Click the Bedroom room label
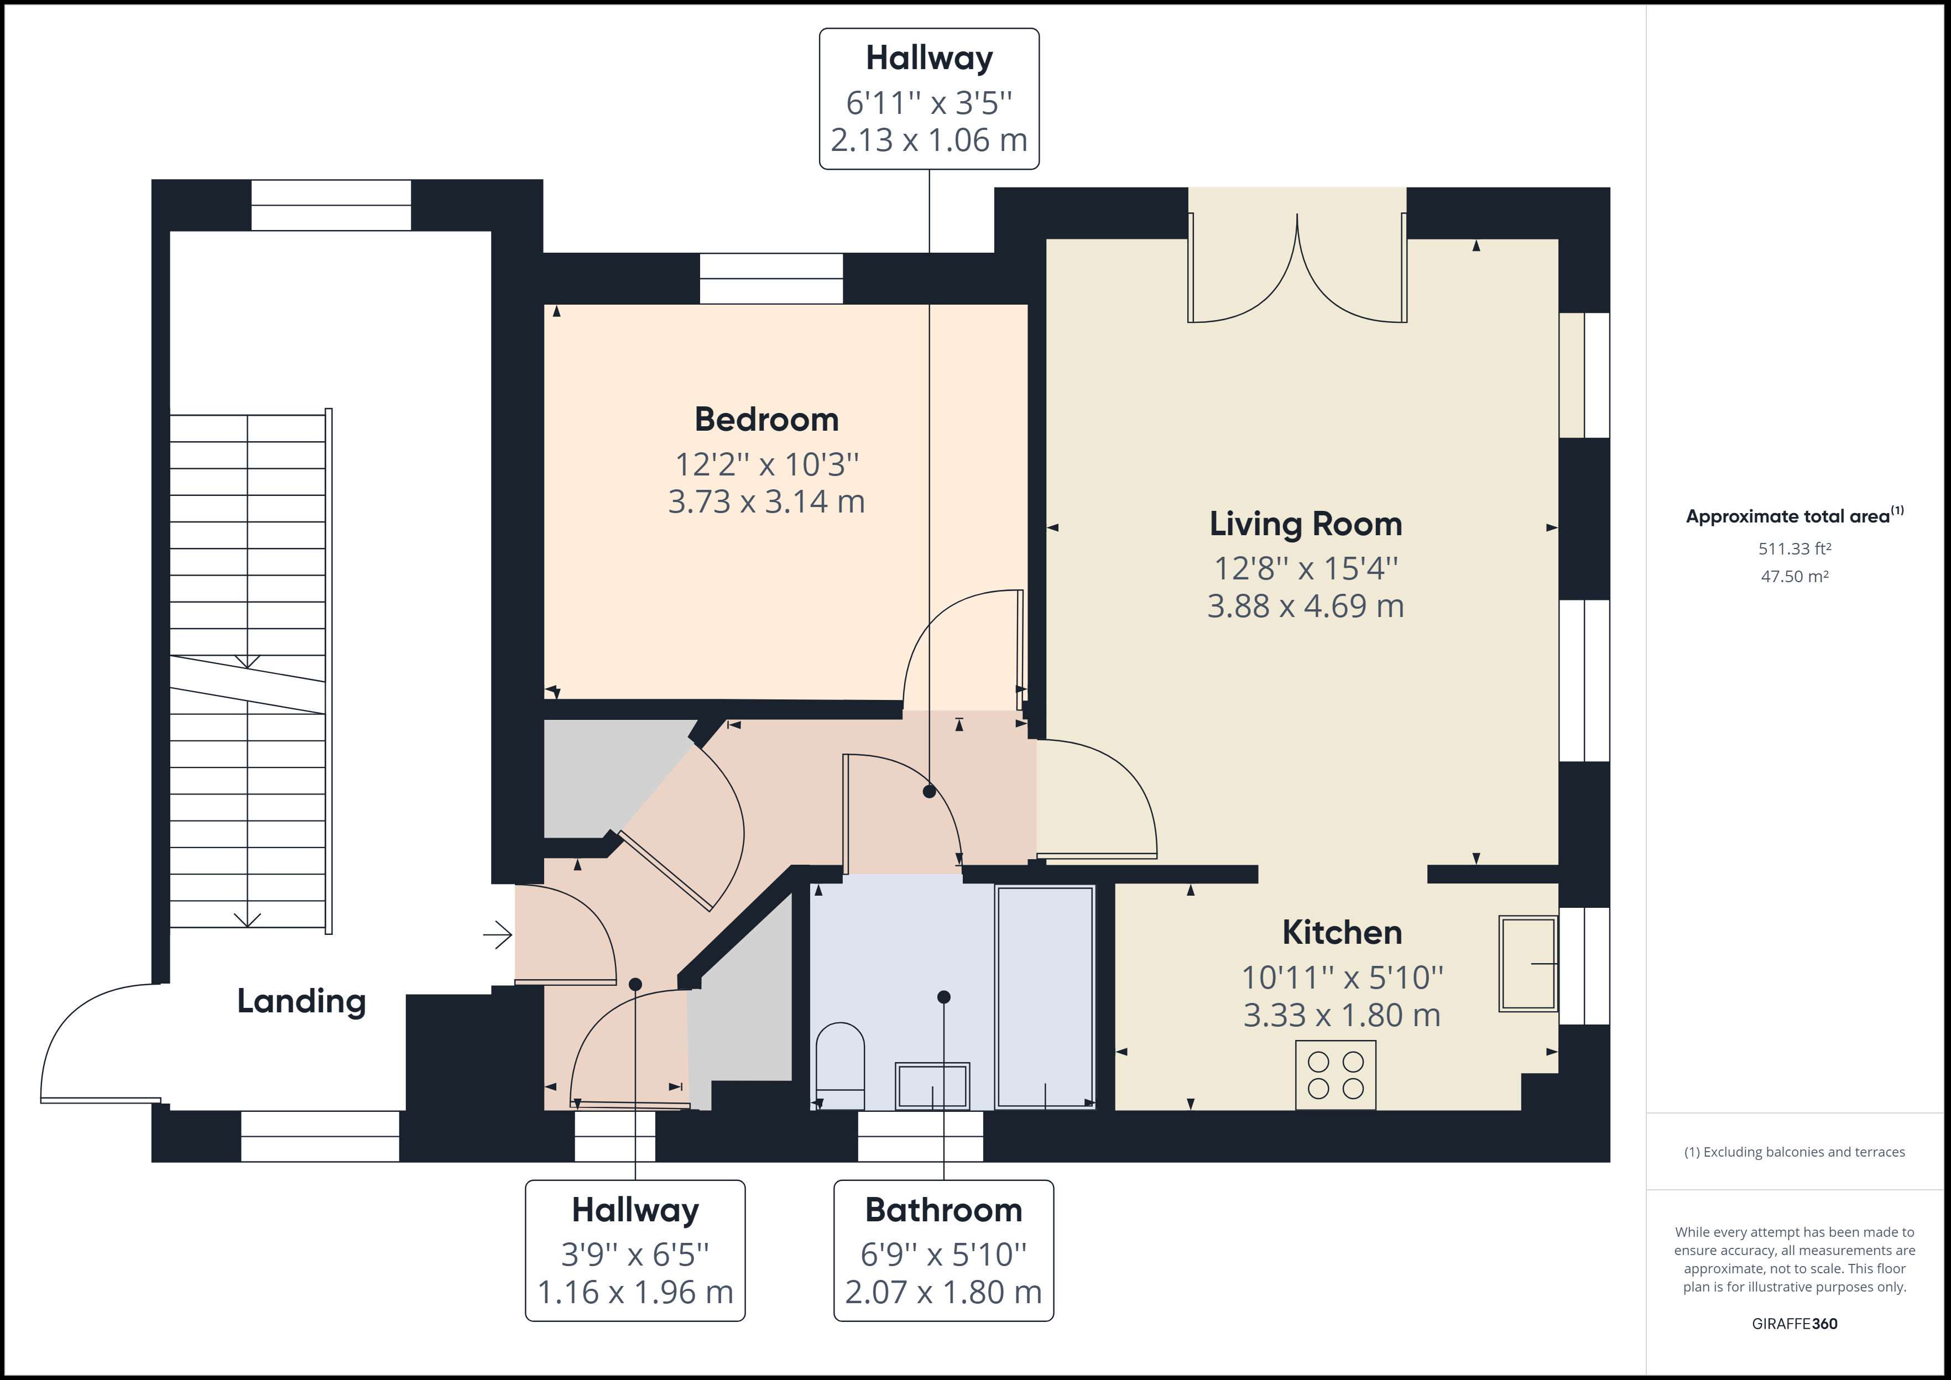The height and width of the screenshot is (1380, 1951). click(766, 419)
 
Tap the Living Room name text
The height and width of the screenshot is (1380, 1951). click(1305, 524)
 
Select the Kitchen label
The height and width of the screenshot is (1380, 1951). click(1342, 932)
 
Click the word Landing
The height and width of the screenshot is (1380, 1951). click(301, 1001)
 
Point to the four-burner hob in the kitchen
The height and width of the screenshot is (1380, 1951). click(1335, 1075)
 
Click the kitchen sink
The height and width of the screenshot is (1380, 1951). click(1528, 963)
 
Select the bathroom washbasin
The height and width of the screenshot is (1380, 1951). click(932, 1086)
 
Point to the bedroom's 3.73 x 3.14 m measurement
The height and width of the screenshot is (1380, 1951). click(766, 501)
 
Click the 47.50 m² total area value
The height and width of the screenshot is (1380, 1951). click(1794, 576)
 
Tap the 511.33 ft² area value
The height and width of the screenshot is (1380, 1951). click(1794, 549)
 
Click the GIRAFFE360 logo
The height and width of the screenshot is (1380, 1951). click(1794, 1323)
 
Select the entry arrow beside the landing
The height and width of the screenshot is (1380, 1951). click(498, 935)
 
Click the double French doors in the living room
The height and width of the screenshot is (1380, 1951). click(1297, 268)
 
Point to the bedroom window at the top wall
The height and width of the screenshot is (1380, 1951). click(771, 279)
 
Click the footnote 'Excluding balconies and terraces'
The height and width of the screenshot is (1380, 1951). click(1794, 1152)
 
